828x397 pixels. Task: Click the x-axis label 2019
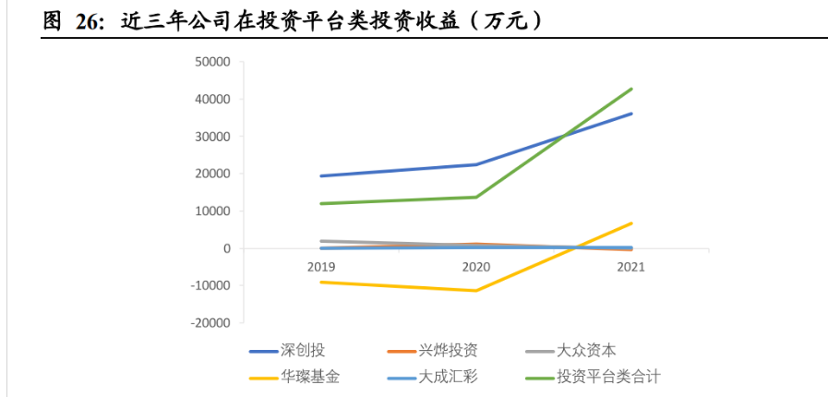[321, 267]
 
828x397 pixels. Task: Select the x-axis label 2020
[476, 267]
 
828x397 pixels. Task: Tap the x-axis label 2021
[631, 267]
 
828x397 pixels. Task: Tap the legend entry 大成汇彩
[447, 377]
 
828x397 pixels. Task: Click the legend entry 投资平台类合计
[608, 377]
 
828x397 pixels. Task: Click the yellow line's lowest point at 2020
[476, 291]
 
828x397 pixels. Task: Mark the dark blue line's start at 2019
[321, 175]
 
